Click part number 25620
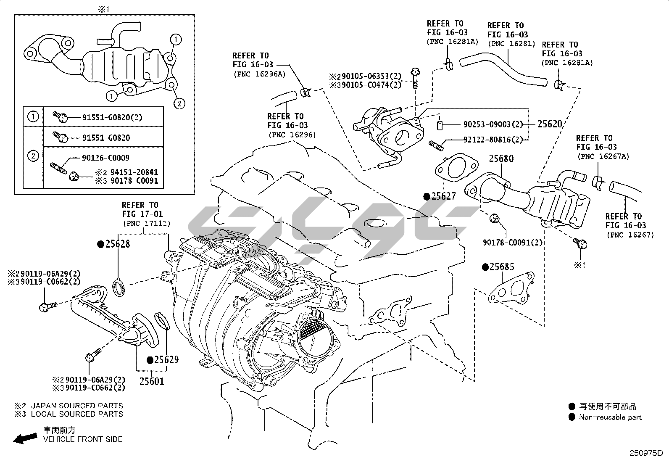coord(549,124)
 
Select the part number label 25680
coord(501,159)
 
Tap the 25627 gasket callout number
coord(443,196)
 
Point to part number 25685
coord(502,267)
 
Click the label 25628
coord(117,244)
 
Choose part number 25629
coord(166,359)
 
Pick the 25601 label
coord(152,381)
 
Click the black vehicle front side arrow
coord(25,438)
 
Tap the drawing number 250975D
coord(645,453)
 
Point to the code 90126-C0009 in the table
coord(105,158)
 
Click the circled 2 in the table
coord(33,156)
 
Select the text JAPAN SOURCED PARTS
coord(77,406)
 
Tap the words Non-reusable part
coord(610,417)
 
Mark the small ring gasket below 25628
coord(119,287)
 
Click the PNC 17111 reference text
coord(147,223)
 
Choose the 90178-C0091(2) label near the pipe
coord(512,243)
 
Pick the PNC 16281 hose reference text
coord(511,43)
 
